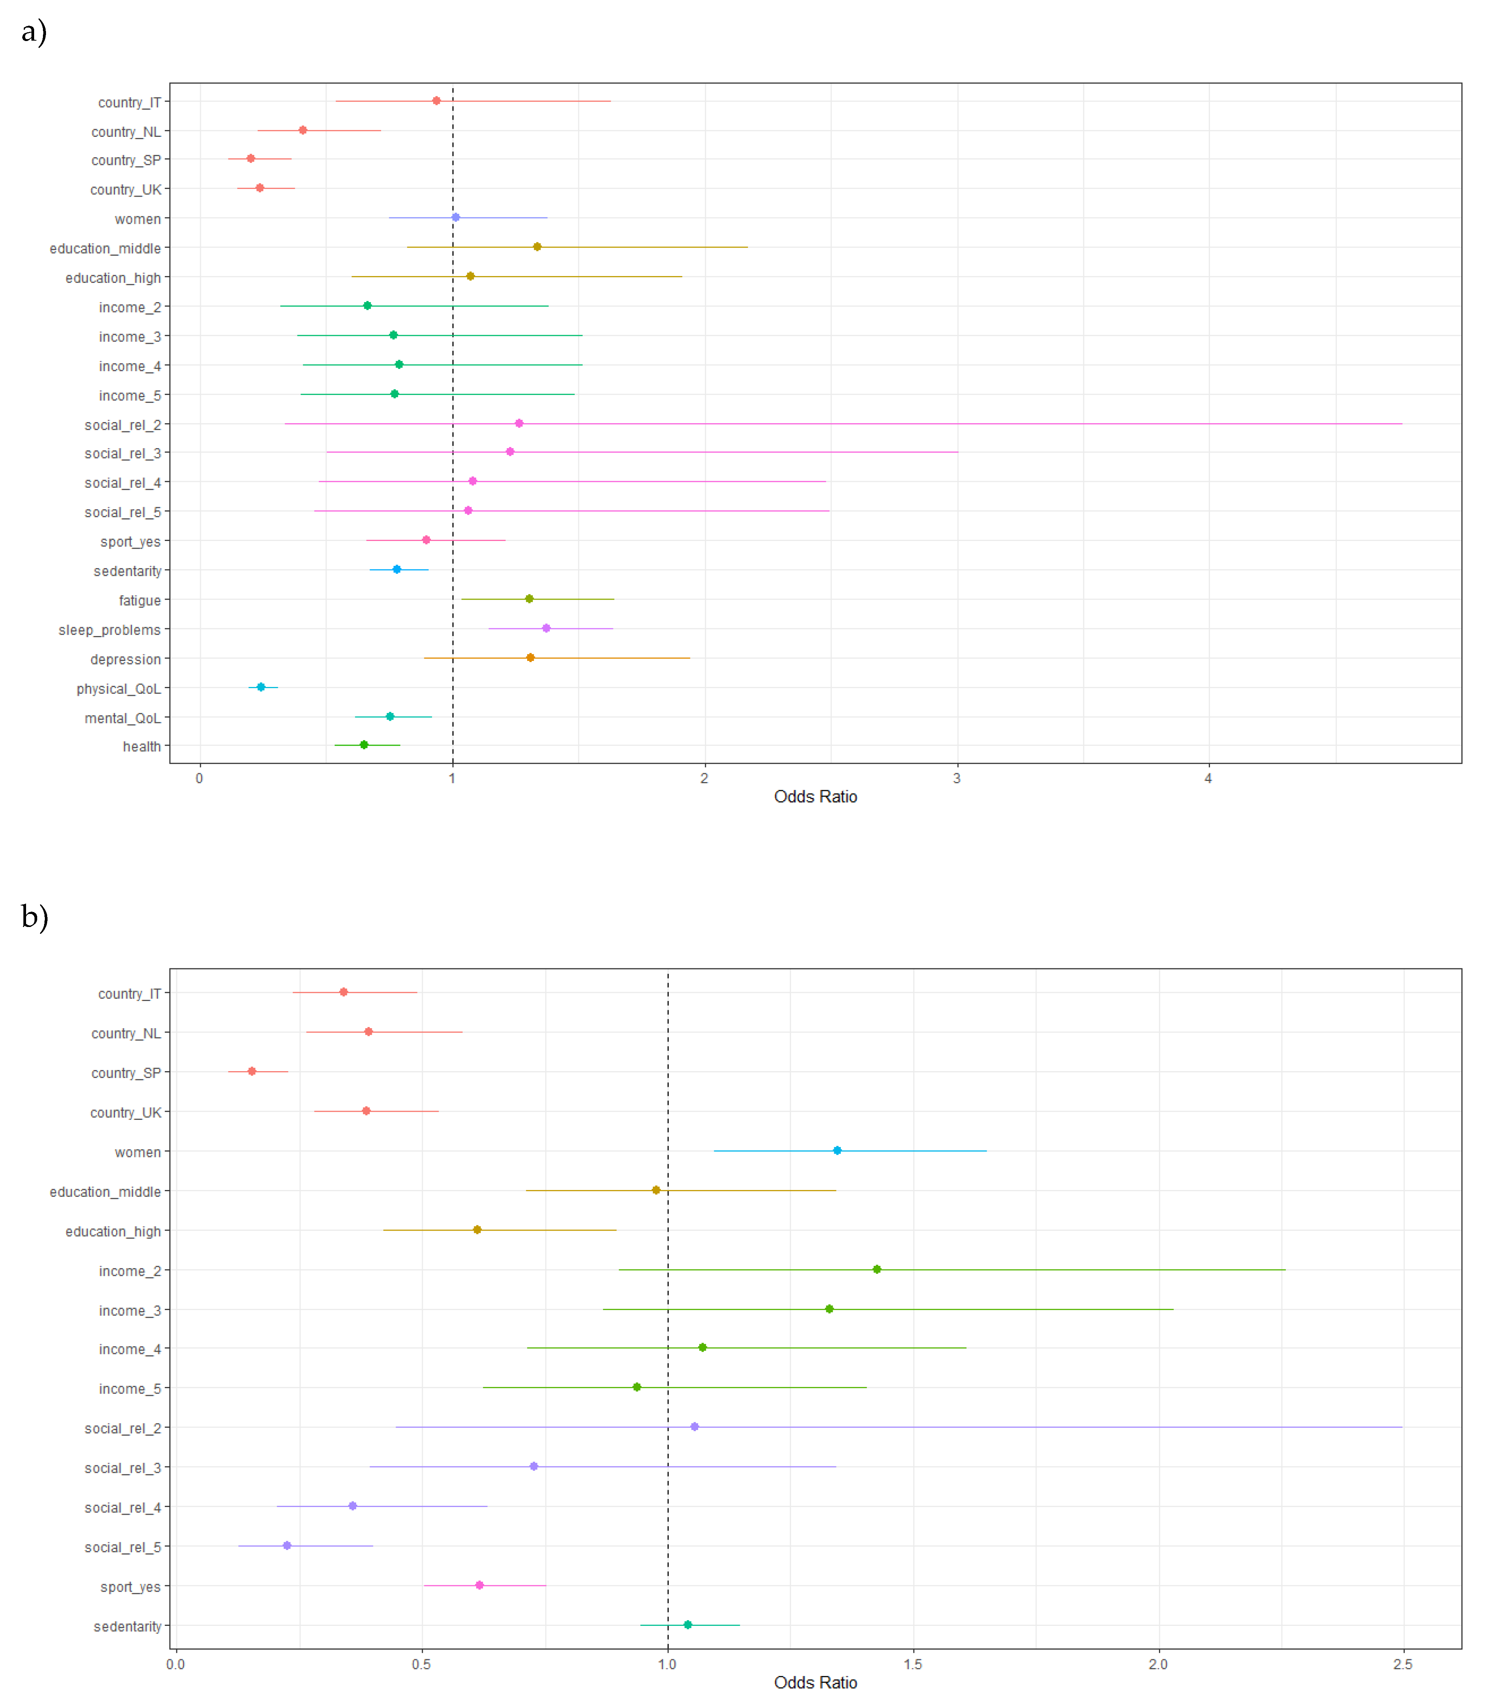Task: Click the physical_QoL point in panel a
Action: point(261,687)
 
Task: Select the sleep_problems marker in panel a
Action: point(546,628)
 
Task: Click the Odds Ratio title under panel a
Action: point(815,797)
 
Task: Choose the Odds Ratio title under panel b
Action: point(815,1683)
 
